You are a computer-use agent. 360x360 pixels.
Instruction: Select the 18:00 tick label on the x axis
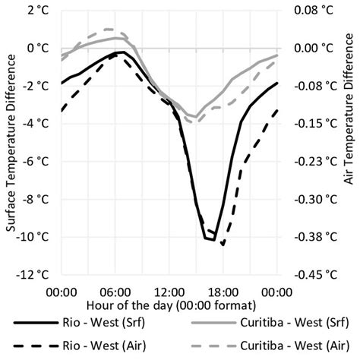223,291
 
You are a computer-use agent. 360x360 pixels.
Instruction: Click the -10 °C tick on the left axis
35,237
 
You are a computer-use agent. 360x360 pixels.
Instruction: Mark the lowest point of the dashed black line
223,245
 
